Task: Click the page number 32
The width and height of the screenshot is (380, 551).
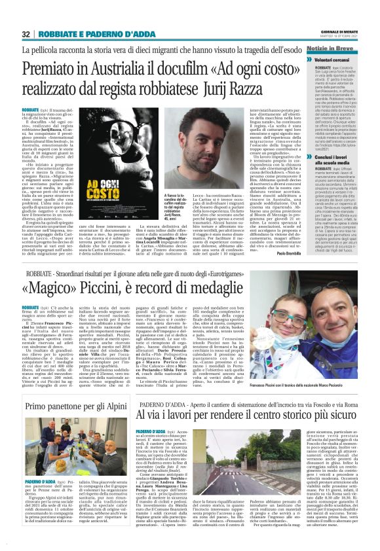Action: (x=26, y=34)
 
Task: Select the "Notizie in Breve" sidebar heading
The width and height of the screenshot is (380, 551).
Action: (x=337, y=50)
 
